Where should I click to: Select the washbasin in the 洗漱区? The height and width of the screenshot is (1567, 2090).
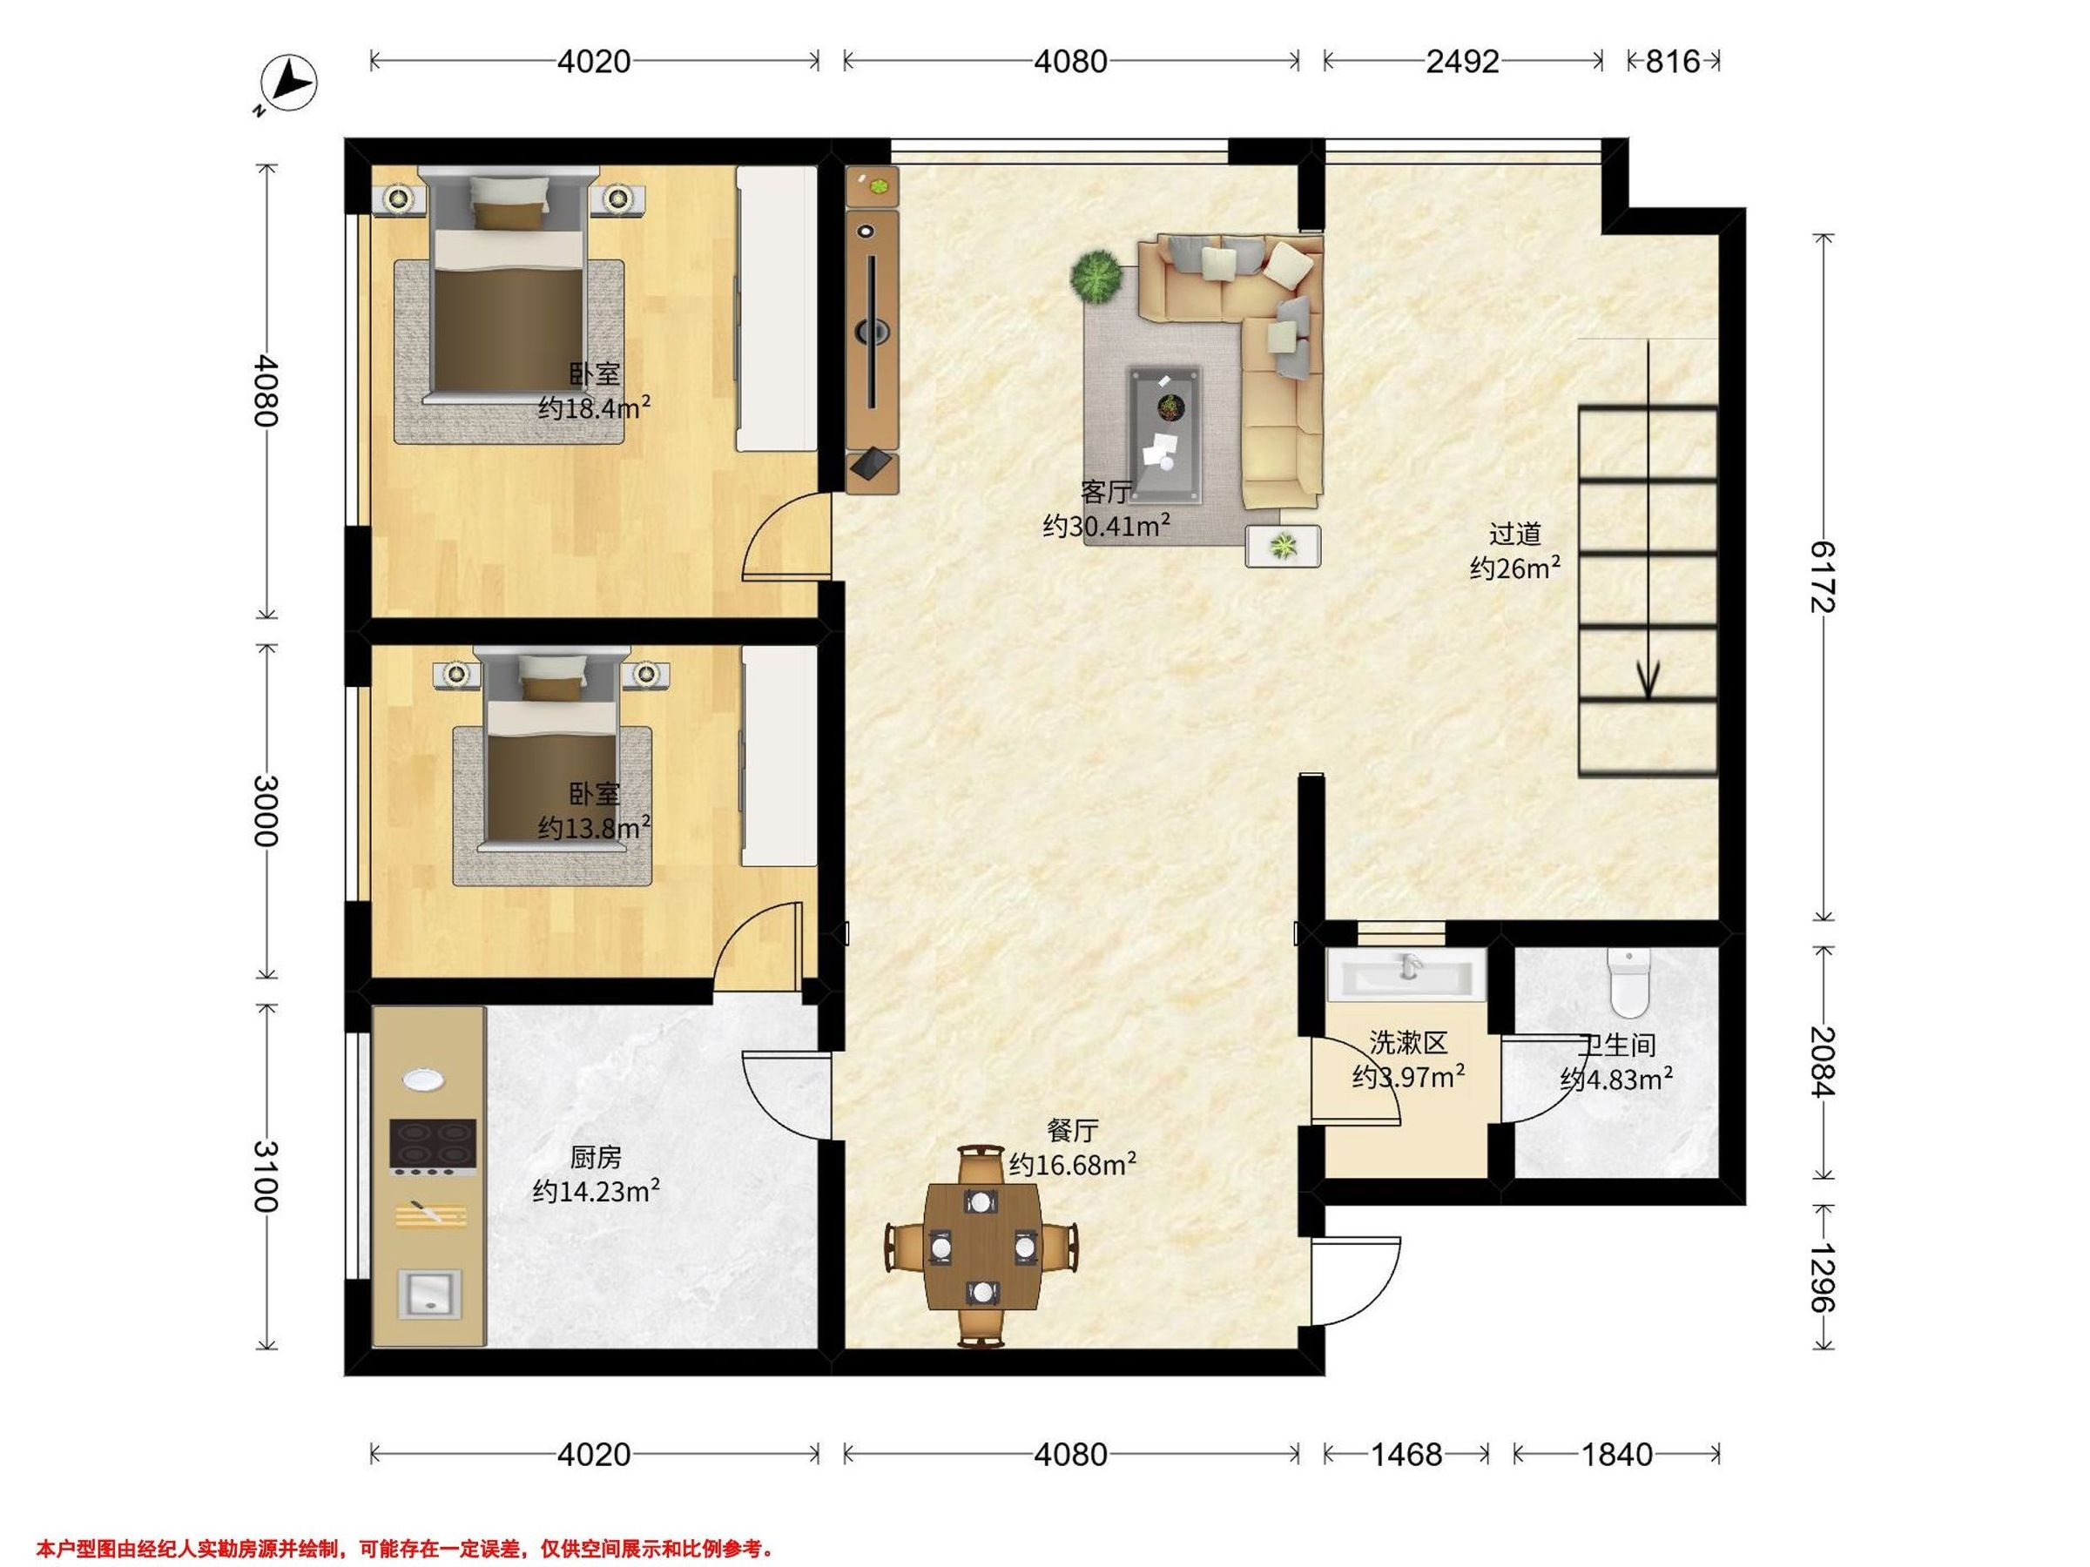pyautogui.click(x=1406, y=975)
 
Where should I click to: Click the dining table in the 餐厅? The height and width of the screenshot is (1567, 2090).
pyautogui.click(x=982, y=1246)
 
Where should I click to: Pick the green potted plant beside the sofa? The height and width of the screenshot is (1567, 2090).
pyautogui.click(x=1096, y=277)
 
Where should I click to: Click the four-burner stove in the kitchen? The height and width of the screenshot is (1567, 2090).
pyautogui.click(x=433, y=1147)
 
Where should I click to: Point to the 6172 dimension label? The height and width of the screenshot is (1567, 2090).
pyautogui.click(x=1823, y=576)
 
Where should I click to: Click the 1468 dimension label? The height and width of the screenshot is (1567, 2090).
pyautogui.click(x=1407, y=1454)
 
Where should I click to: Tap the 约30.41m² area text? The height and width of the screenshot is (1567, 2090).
pyautogui.click(x=1108, y=525)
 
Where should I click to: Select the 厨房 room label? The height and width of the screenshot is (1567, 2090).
pyautogui.click(x=596, y=1158)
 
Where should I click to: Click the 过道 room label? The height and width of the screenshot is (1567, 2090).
pyautogui.click(x=1514, y=535)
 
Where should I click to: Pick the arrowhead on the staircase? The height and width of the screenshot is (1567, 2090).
pyautogui.click(x=1648, y=679)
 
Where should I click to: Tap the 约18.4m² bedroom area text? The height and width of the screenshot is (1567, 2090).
pyautogui.click(x=594, y=407)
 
